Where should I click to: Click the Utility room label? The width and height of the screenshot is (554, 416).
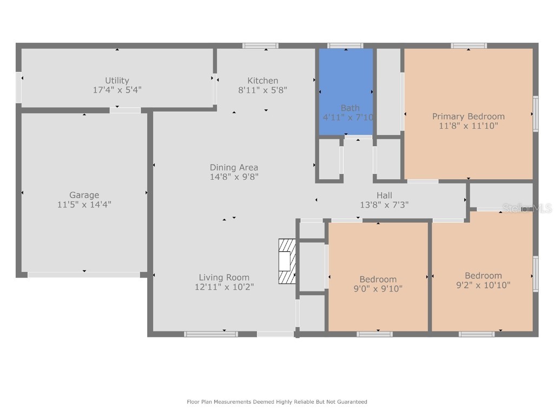tap(117, 81)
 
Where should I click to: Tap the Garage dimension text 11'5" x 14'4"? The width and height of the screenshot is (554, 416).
tap(84, 205)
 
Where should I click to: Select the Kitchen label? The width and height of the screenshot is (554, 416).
tap(263, 81)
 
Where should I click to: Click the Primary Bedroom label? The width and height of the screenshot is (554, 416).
tap(468, 116)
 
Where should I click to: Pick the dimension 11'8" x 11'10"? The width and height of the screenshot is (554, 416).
tap(468, 126)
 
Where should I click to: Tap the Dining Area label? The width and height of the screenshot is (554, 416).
tap(234, 167)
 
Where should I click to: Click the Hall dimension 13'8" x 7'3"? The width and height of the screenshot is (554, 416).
tap(384, 205)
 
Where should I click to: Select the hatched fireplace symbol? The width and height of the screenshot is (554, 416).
tap(287, 262)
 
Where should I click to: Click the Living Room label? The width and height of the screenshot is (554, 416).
tap(224, 277)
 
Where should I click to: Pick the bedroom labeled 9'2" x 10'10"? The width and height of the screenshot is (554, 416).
tap(483, 280)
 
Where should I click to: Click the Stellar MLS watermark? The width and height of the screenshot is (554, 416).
tap(526, 208)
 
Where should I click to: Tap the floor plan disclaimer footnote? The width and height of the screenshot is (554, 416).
tap(277, 402)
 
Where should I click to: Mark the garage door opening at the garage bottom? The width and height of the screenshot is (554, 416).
tap(84, 275)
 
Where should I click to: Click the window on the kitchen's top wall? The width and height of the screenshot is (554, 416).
tap(260, 46)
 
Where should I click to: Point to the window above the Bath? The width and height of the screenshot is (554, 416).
tap(345, 46)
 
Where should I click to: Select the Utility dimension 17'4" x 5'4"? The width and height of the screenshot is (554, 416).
tap(117, 90)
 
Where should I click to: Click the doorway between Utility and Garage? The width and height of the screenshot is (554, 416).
tap(125, 110)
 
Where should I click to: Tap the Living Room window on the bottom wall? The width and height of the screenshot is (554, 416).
tap(211, 334)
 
